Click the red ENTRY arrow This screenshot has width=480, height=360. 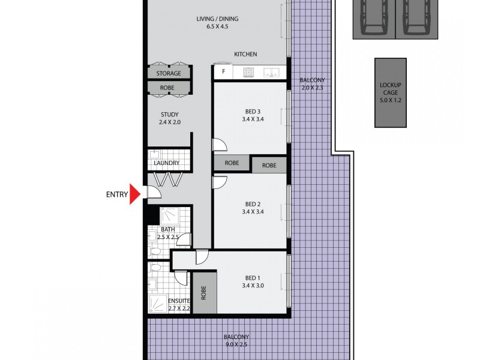pyautogui.click(x=135, y=194)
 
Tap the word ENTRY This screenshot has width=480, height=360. pyautogui.click(x=117, y=194)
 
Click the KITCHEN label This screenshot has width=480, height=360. pyautogui.click(x=245, y=55)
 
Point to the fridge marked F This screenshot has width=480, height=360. pyautogui.click(x=224, y=73)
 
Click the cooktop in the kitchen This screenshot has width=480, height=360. pyautogui.click(x=249, y=73)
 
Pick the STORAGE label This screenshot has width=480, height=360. pyautogui.click(x=169, y=73)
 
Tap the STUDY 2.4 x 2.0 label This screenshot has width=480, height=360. pyautogui.click(x=170, y=118)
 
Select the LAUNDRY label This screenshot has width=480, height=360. pyautogui.click(x=167, y=163)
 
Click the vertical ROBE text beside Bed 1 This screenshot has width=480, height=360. pyautogui.click(x=204, y=292)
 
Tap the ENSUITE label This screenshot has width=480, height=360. pyautogui.click(x=178, y=304)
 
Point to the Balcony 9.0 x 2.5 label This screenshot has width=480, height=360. pyautogui.click(x=236, y=341)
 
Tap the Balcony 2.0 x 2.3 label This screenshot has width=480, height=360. pyautogui.click(x=312, y=84)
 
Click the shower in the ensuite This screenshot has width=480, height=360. pyautogui.click(x=158, y=304)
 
